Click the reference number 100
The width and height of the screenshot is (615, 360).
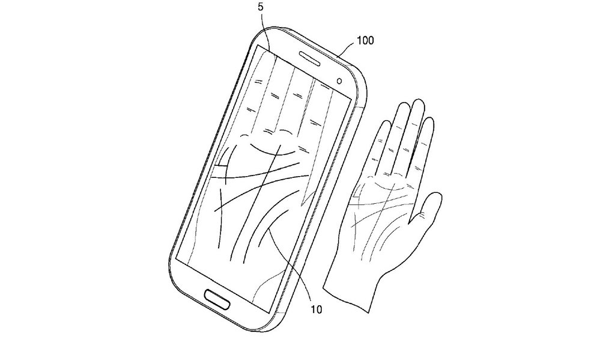(365, 40)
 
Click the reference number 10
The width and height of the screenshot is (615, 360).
(316, 310)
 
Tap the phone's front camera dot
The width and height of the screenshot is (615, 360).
(339, 81)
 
